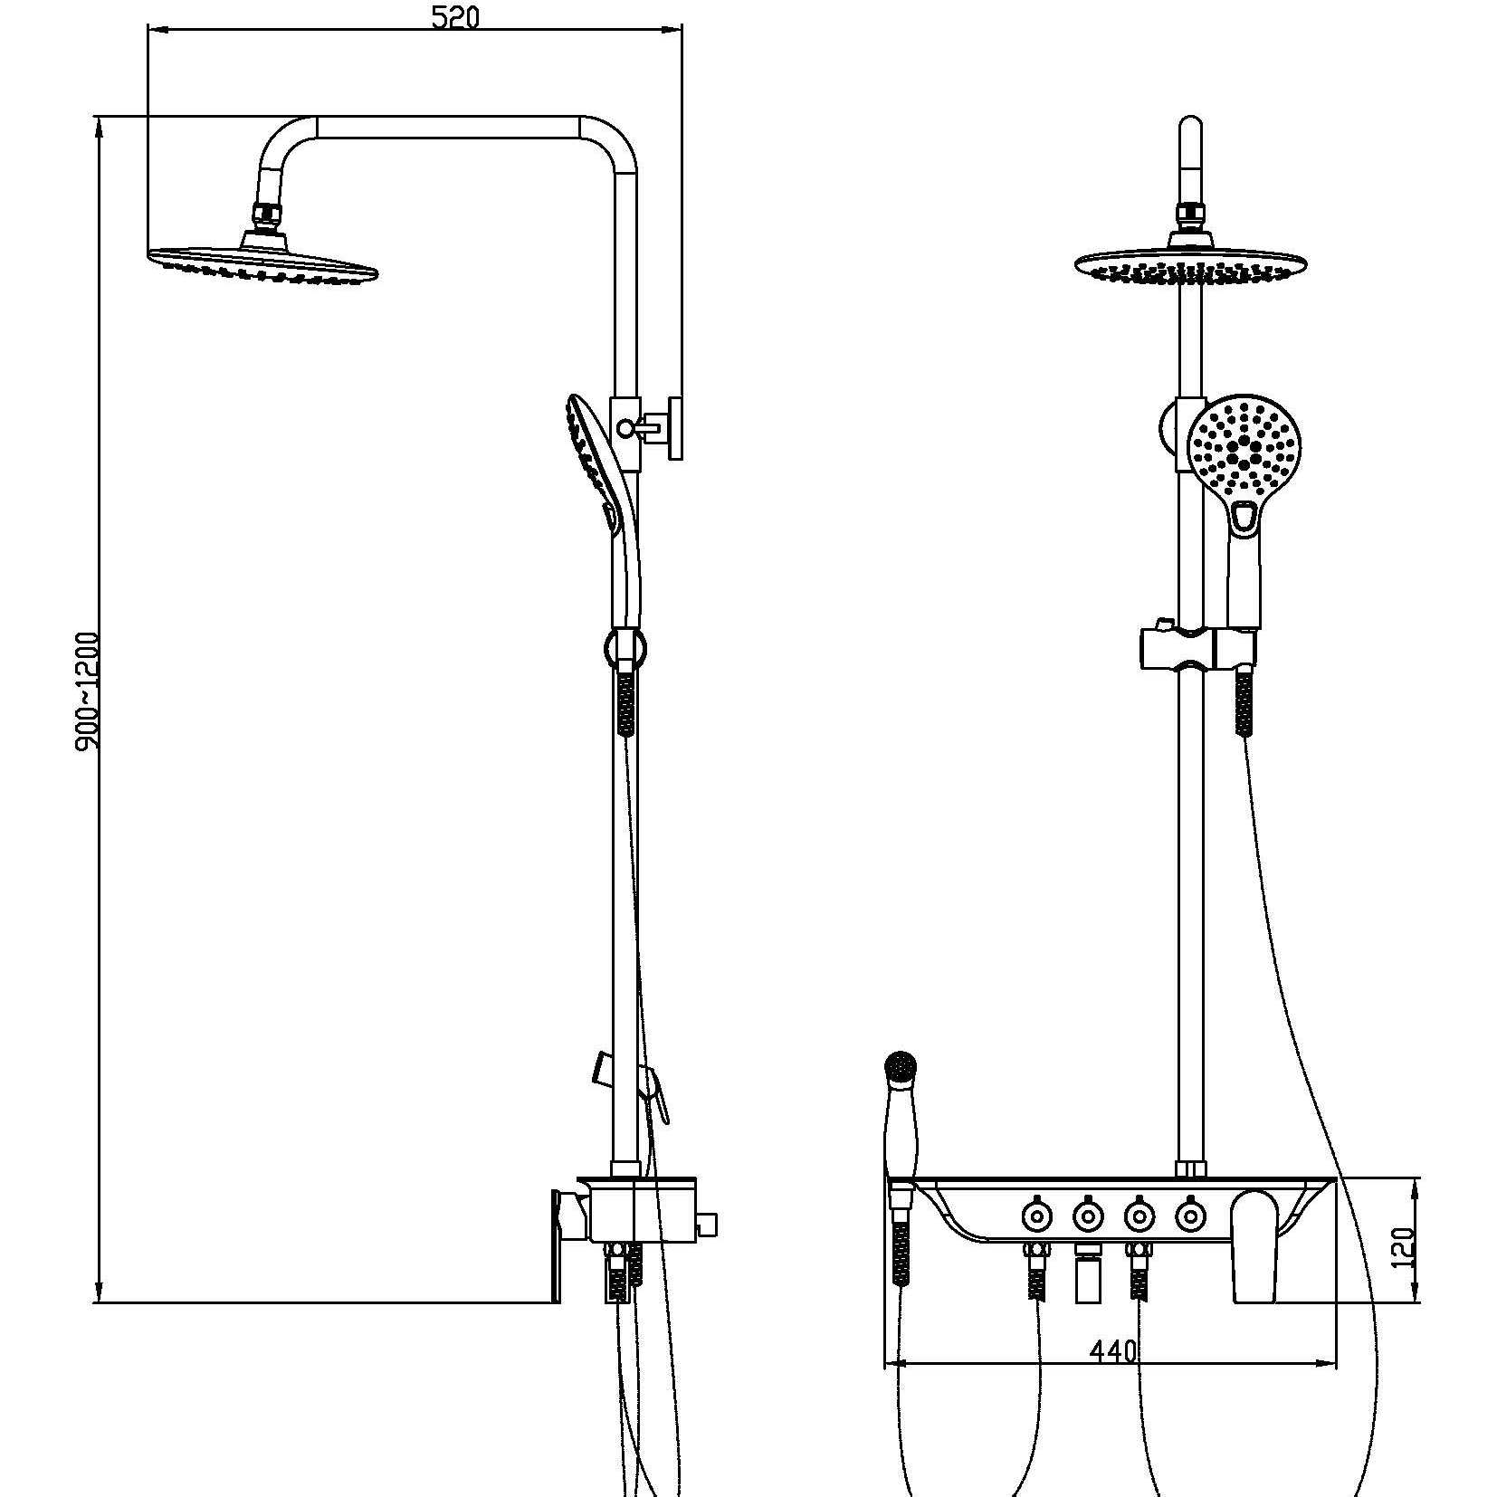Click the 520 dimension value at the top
pos(454,17)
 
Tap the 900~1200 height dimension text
pos(88,691)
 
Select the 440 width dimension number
pos(1112,1351)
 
